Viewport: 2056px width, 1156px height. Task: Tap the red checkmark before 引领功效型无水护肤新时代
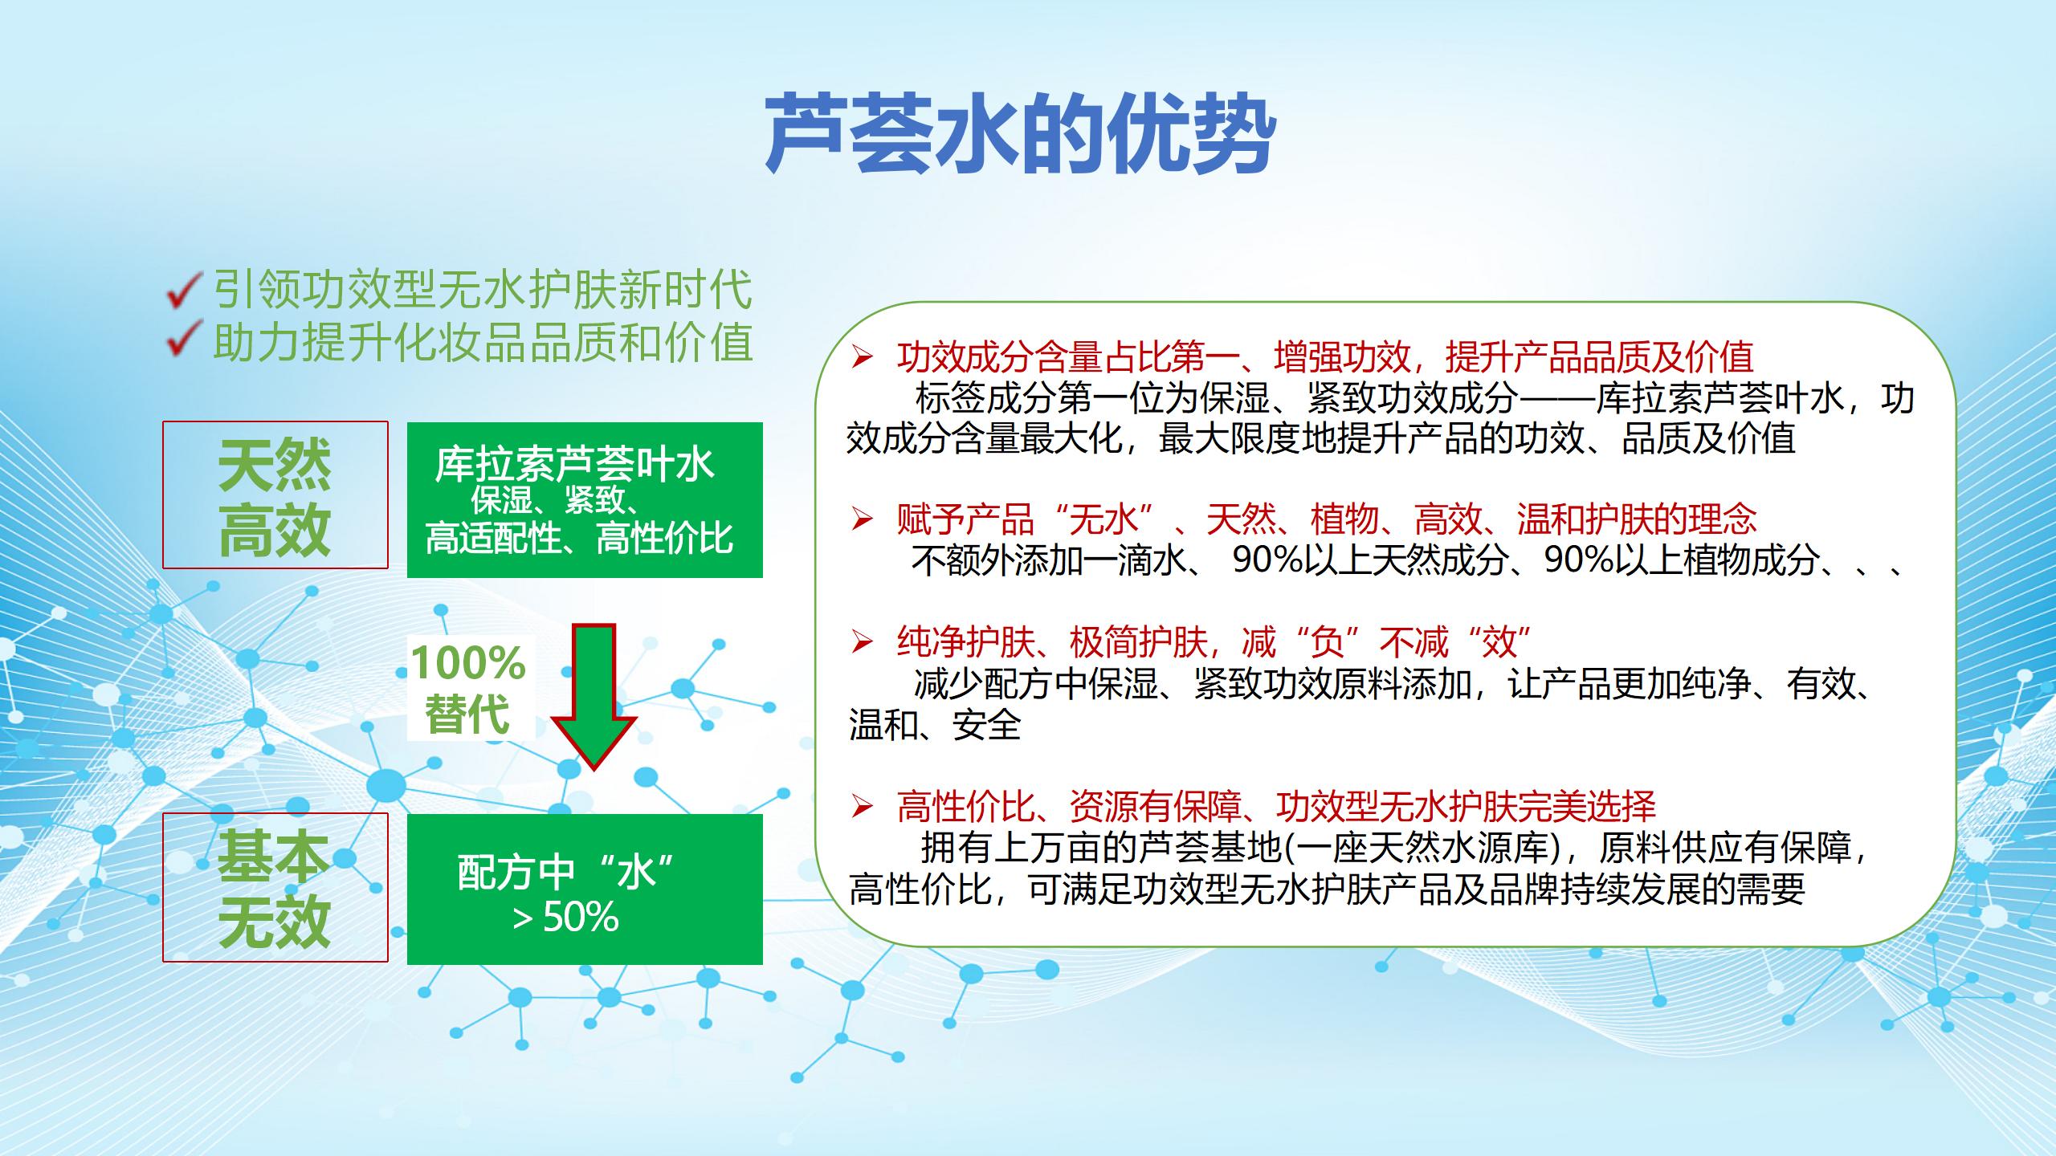[x=184, y=290]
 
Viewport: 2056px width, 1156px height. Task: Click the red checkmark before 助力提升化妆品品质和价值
[x=184, y=340]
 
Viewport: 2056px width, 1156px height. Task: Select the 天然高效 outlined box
[x=275, y=495]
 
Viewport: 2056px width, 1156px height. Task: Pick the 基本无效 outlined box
[x=275, y=887]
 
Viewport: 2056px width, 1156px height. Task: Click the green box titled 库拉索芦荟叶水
[x=585, y=500]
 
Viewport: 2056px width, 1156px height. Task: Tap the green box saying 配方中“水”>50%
[x=585, y=889]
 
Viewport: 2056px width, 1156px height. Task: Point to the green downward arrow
[x=595, y=697]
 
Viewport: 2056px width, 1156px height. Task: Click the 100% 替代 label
[x=468, y=688]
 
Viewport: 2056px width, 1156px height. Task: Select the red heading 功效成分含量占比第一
[x=1069, y=358]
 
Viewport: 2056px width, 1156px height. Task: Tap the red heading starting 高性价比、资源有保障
[x=1276, y=807]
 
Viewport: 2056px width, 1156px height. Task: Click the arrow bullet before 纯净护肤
[x=862, y=642]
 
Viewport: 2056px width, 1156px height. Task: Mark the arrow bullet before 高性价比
[x=862, y=807]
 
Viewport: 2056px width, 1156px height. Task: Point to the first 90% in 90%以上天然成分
[x=1267, y=560]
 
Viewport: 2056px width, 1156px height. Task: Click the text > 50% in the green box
[x=566, y=917]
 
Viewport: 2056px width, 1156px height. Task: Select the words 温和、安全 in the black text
[x=935, y=725]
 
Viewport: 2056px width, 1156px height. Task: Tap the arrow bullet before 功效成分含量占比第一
[x=862, y=358]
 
